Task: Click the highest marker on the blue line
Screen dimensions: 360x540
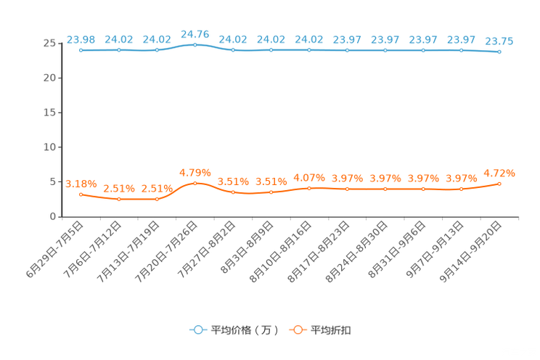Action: (x=195, y=44)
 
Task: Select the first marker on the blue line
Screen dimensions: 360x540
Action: (x=81, y=50)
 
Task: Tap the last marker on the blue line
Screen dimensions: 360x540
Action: (x=499, y=52)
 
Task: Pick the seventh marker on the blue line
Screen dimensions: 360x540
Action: (x=309, y=50)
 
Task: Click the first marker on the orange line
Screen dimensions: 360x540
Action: (x=81, y=195)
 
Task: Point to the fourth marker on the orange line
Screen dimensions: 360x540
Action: (x=195, y=184)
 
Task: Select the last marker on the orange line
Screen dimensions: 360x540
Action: (x=499, y=184)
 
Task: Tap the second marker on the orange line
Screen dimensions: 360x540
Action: (x=119, y=199)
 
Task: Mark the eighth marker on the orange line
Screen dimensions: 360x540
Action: (x=348, y=189)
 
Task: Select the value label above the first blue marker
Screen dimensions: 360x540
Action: (x=81, y=38)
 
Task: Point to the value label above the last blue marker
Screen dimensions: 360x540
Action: (x=499, y=41)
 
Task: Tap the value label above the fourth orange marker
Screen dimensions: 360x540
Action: (x=195, y=172)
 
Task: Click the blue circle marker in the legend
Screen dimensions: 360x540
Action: (x=198, y=330)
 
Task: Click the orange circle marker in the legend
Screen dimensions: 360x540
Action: (x=298, y=330)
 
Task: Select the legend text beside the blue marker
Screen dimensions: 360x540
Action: (x=245, y=330)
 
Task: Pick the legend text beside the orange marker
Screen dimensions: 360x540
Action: (x=332, y=330)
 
